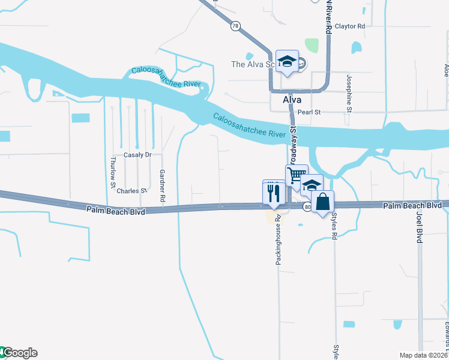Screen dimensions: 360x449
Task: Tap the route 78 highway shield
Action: click(x=235, y=26)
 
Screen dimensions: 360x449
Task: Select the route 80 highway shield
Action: click(x=307, y=207)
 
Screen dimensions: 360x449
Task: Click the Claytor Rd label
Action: click(x=350, y=26)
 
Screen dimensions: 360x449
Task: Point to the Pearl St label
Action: click(x=310, y=112)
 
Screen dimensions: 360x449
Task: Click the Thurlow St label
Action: click(x=113, y=173)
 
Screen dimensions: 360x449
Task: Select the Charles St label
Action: click(x=131, y=191)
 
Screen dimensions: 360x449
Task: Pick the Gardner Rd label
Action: click(x=162, y=184)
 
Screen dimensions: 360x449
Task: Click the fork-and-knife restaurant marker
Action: click(x=274, y=193)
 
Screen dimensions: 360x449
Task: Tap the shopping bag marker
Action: click(x=322, y=202)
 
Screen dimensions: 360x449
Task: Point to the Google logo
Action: click(x=19, y=353)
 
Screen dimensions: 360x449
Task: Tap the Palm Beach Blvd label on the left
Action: click(x=115, y=210)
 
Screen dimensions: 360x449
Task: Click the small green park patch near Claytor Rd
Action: click(x=312, y=45)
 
